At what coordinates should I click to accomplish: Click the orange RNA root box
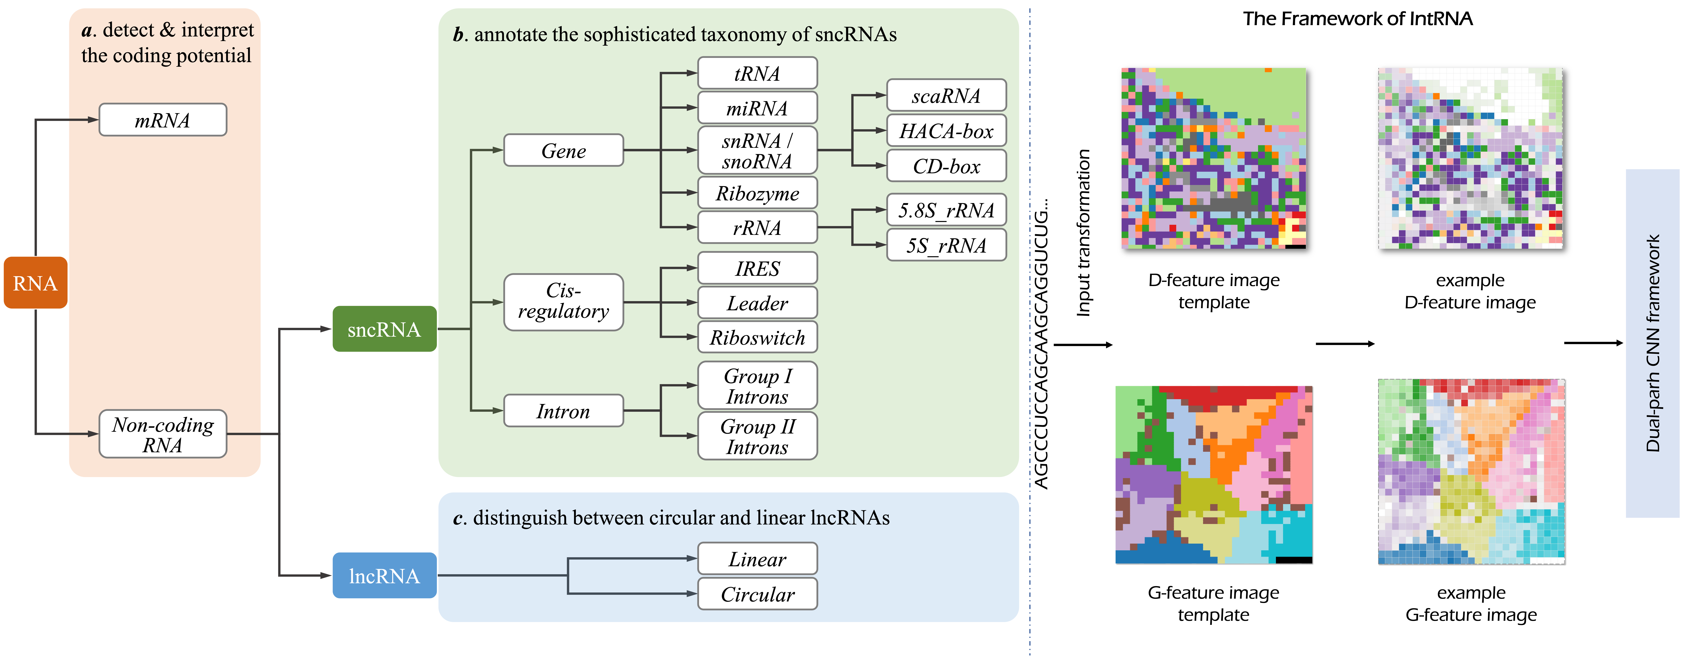[35, 283]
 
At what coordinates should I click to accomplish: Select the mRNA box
[162, 120]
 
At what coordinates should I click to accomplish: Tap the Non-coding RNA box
[162, 434]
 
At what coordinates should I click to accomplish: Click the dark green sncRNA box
[384, 329]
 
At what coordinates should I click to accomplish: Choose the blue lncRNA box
[384, 576]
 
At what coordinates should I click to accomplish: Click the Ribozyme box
[757, 193]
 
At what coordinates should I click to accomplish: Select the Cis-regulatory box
[563, 301]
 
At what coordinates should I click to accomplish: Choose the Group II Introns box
[757, 436]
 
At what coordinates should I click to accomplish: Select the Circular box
[757, 594]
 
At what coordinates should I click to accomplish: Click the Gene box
[563, 150]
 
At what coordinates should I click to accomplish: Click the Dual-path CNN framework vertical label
[1653, 343]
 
